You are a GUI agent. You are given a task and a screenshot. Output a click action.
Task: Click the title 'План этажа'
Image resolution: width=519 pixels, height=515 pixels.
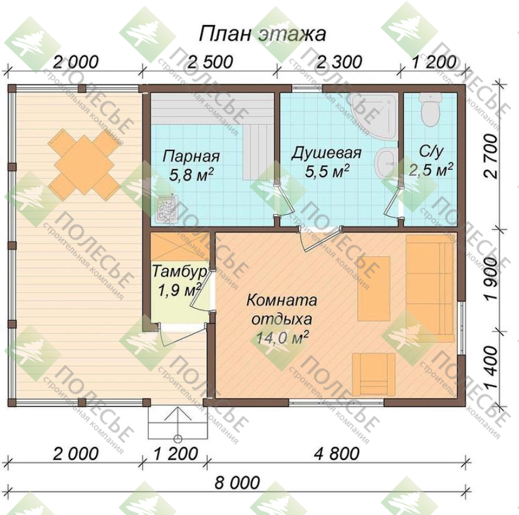[262, 34]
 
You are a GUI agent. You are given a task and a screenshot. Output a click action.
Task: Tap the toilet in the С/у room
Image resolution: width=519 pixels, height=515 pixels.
[430, 108]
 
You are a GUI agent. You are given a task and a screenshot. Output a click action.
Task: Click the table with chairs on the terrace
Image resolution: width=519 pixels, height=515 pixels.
[84, 165]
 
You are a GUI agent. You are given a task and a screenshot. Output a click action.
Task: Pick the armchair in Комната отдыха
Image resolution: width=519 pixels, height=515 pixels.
[374, 374]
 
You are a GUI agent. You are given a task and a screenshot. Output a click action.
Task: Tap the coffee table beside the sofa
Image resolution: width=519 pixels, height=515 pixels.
[374, 288]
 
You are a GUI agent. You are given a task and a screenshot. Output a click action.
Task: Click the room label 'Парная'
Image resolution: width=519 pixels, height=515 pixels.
[191, 156]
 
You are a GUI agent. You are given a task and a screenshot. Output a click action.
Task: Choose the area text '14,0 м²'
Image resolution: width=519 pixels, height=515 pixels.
[282, 338]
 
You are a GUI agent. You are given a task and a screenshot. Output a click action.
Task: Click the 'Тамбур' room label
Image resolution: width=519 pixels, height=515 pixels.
[179, 272]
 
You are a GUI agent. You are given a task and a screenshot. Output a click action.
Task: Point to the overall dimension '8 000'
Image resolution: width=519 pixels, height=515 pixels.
[238, 482]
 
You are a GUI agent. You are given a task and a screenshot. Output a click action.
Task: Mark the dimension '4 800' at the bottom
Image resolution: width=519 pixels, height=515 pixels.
[337, 453]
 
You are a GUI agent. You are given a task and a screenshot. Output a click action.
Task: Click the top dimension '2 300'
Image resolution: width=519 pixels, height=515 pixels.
[340, 62]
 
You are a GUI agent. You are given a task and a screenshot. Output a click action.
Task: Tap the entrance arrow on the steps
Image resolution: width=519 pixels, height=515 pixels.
[178, 424]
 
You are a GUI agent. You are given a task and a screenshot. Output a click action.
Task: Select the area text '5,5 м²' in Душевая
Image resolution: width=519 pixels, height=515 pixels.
[327, 170]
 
